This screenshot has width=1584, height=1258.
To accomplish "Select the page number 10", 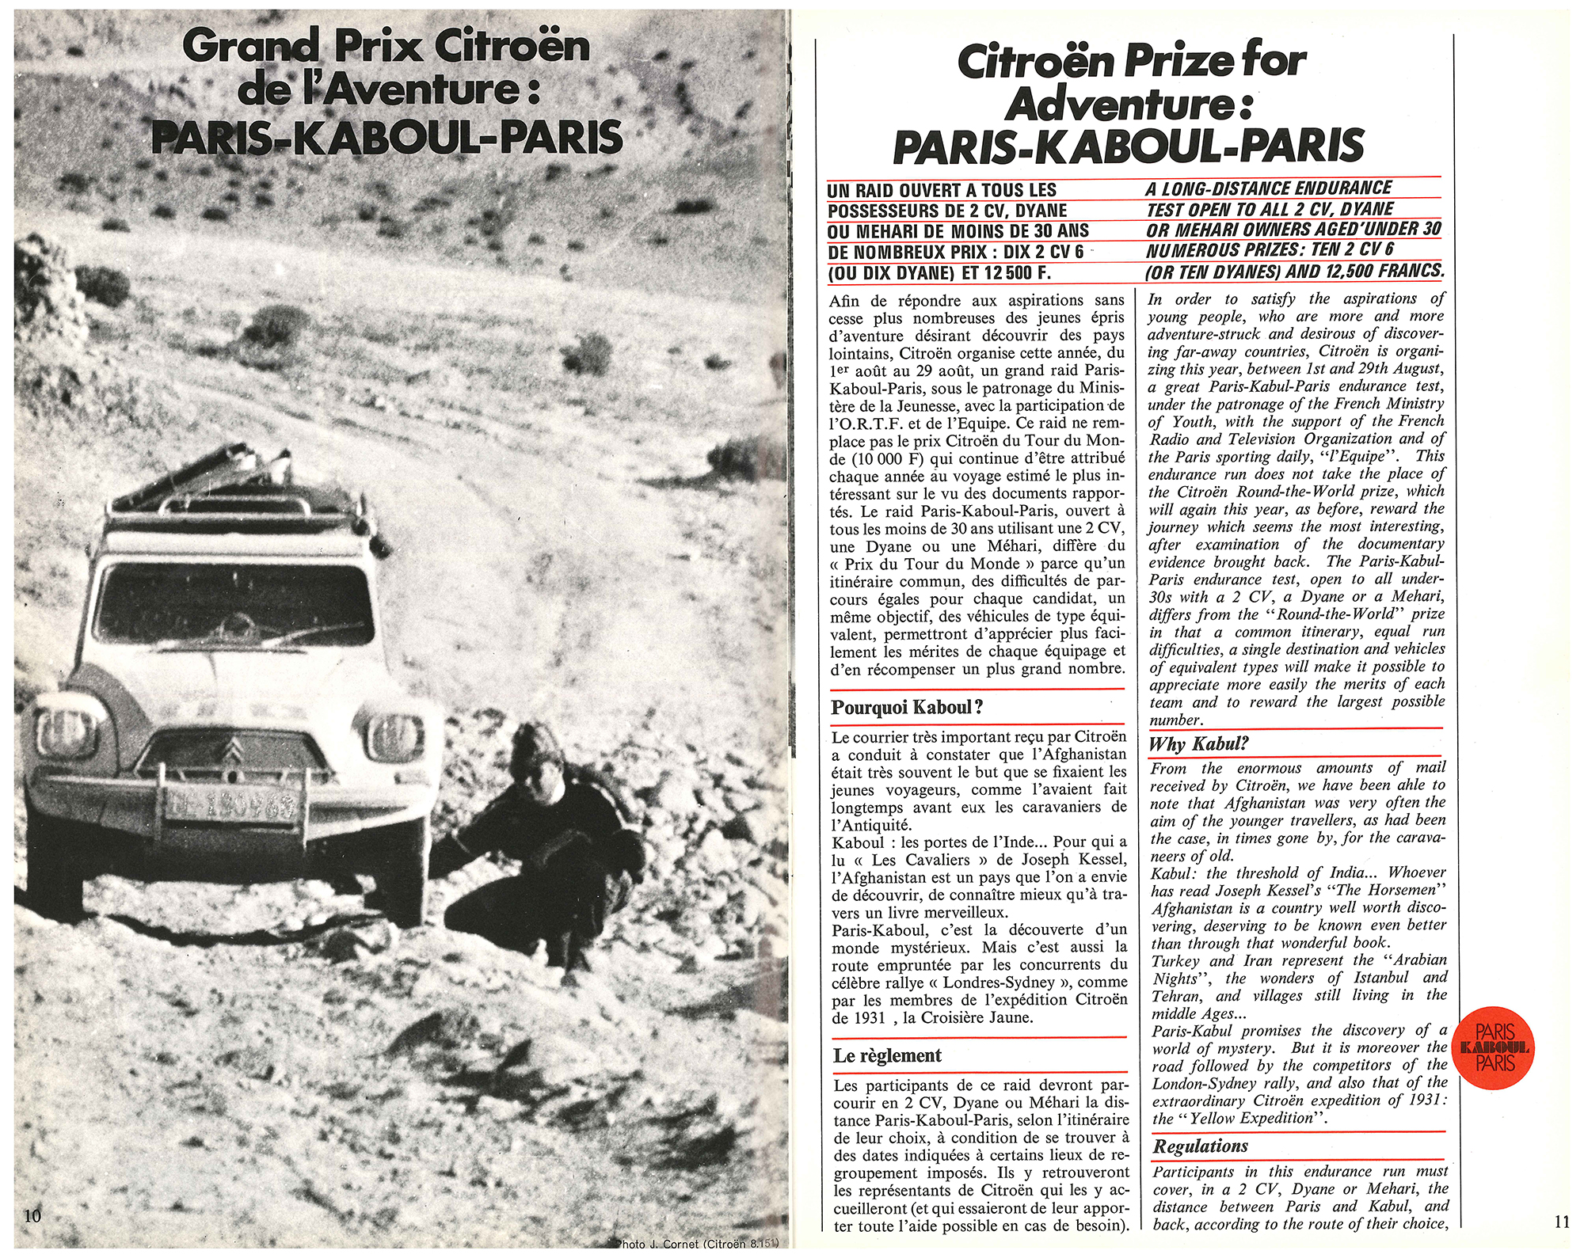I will tap(32, 1216).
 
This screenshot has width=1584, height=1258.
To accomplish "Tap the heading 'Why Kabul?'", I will tap(1198, 743).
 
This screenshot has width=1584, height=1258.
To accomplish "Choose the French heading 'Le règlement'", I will tap(887, 1055).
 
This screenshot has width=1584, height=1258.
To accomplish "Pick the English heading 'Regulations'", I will tap(1200, 1146).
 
